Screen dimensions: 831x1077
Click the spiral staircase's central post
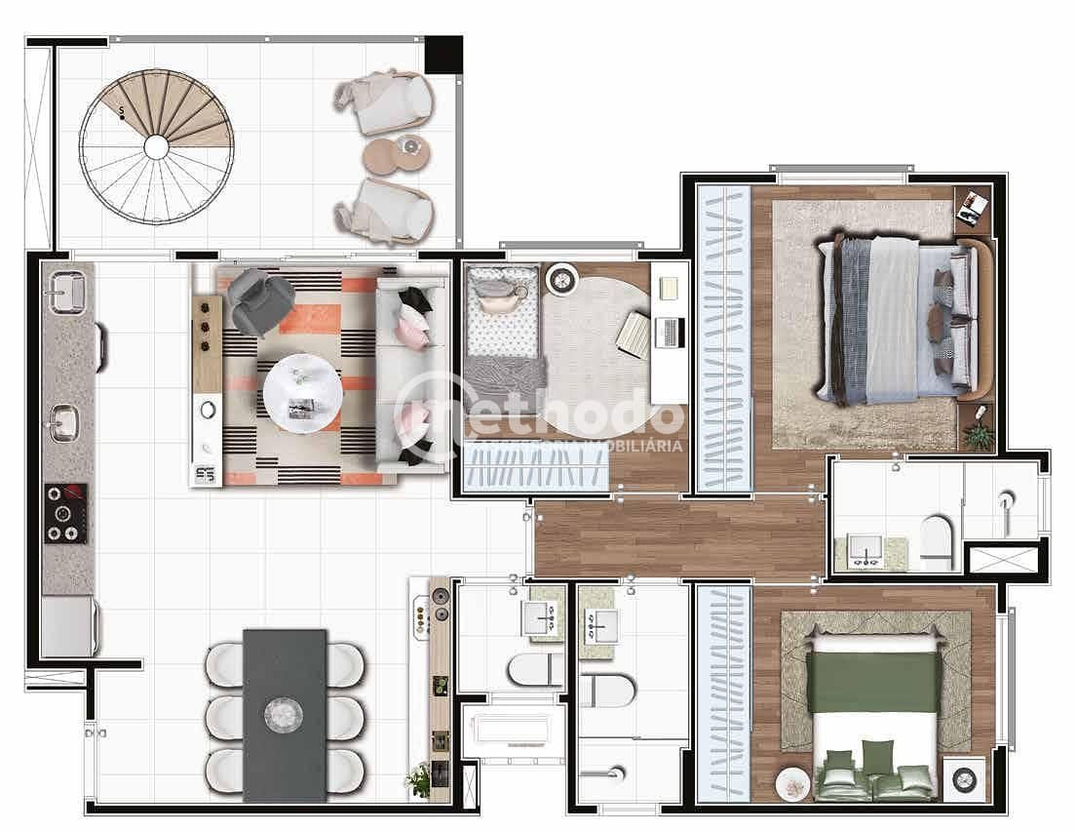(156, 146)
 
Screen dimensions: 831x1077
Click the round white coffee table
(303, 390)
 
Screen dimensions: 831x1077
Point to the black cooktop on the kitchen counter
(66, 513)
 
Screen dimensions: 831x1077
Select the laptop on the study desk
(671, 333)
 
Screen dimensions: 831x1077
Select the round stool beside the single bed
(562, 280)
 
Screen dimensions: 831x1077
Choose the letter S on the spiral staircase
(121, 112)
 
